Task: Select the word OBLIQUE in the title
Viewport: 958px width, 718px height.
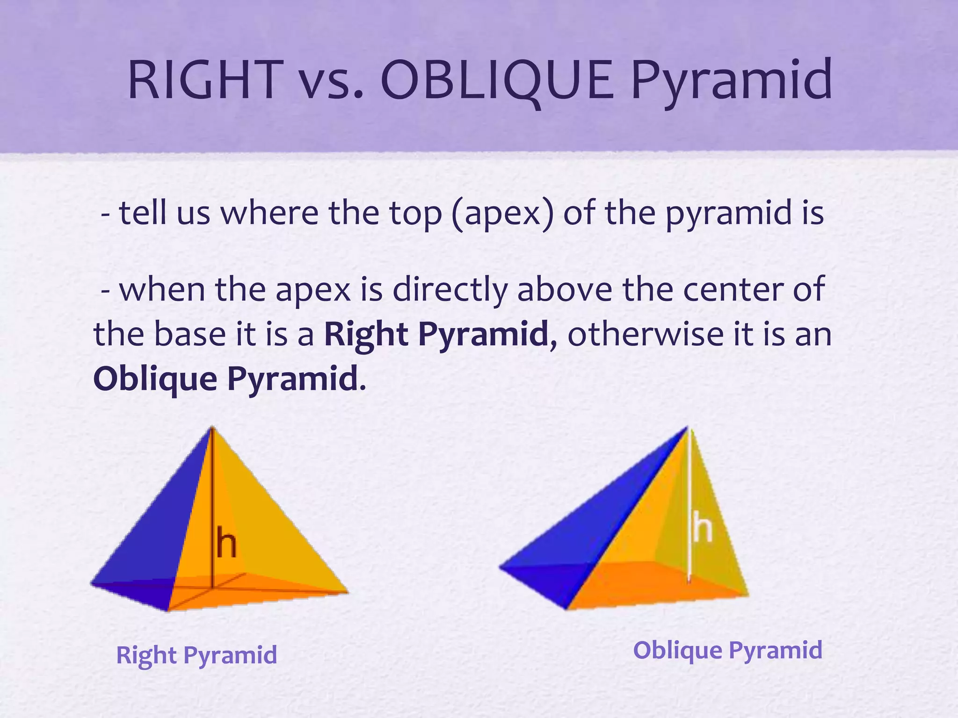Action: [497, 80]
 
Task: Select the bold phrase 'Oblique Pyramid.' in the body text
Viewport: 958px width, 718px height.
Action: [229, 379]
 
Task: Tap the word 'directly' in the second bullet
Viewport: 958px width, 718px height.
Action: [450, 290]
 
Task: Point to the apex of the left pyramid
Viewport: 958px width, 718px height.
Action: [212, 428]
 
